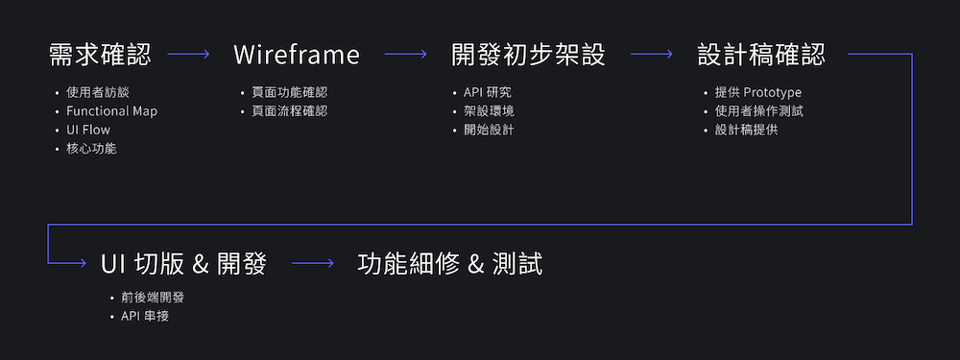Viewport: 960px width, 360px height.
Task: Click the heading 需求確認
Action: [x=100, y=55]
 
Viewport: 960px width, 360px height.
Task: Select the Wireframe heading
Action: [x=297, y=55]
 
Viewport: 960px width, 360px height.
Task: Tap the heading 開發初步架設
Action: [x=528, y=55]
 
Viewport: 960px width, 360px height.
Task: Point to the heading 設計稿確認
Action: [x=761, y=55]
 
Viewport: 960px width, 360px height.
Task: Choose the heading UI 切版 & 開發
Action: [x=183, y=264]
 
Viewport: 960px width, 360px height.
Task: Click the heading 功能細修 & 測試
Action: [x=450, y=264]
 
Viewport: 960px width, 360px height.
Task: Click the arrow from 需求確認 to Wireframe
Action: [x=188, y=54]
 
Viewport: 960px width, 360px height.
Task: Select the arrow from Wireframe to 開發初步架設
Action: [x=405, y=54]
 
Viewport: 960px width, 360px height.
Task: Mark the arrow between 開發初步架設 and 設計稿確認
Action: [x=652, y=54]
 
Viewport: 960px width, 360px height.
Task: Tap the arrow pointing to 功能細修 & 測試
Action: [x=313, y=263]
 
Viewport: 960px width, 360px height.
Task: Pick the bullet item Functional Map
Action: [x=112, y=111]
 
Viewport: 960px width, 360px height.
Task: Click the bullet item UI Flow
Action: [x=88, y=130]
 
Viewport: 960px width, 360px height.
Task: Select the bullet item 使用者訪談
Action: [x=98, y=92]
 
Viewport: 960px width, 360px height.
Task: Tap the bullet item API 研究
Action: [x=488, y=92]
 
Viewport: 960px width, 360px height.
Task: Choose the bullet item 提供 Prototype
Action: [x=758, y=92]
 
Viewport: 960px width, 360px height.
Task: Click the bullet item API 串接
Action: [x=145, y=317]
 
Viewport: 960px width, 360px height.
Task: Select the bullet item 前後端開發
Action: [x=153, y=298]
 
